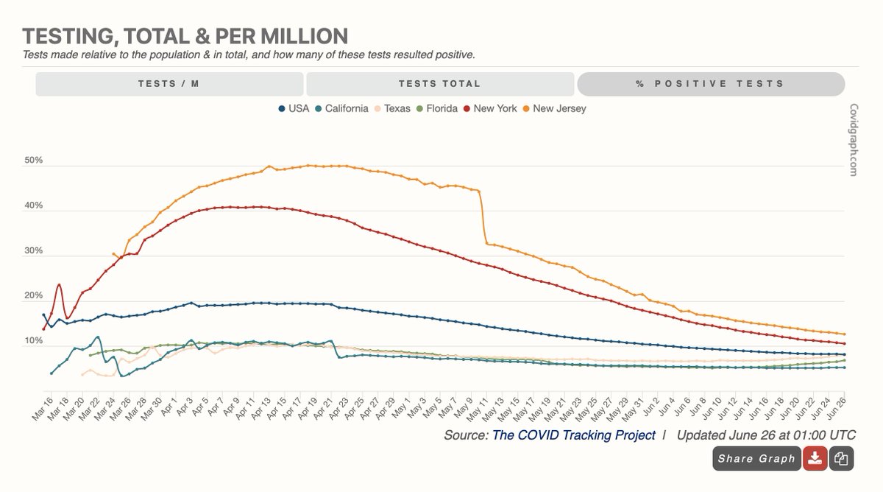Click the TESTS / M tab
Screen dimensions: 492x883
[x=169, y=84]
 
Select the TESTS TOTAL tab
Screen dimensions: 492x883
[x=439, y=84]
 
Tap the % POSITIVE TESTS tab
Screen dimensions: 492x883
[x=710, y=84]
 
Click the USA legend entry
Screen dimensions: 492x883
[x=294, y=108]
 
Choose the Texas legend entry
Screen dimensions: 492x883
[x=397, y=108]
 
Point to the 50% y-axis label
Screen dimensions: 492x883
[x=34, y=161]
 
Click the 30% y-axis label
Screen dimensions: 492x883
[x=34, y=251]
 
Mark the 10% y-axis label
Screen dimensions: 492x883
[x=34, y=341]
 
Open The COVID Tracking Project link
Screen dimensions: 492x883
[x=573, y=435]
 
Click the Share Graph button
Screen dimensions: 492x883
[x=756, y=459]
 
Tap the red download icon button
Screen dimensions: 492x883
[x=814, y=459]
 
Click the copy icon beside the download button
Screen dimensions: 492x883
[x=841, y=459]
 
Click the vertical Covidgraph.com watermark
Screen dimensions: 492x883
[x=853, y=139]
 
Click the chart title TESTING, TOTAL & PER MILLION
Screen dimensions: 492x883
[x=185, y=36]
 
